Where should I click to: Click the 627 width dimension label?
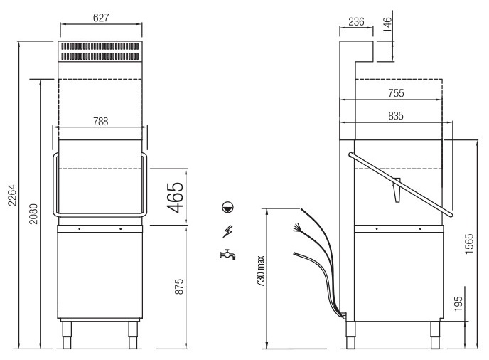coord(101,18)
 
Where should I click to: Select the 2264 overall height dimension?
coord(12,196)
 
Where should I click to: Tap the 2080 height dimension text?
coord(33,214)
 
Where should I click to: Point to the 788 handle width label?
coord(101,122)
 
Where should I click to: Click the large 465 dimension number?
coord(176,197)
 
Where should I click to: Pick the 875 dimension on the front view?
coord(179,287)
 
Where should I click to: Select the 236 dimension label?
coord(356,22)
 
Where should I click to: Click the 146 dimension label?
coord(387,25)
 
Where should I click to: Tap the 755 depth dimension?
coord(396,93)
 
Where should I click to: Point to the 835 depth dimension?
coord(396,116)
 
